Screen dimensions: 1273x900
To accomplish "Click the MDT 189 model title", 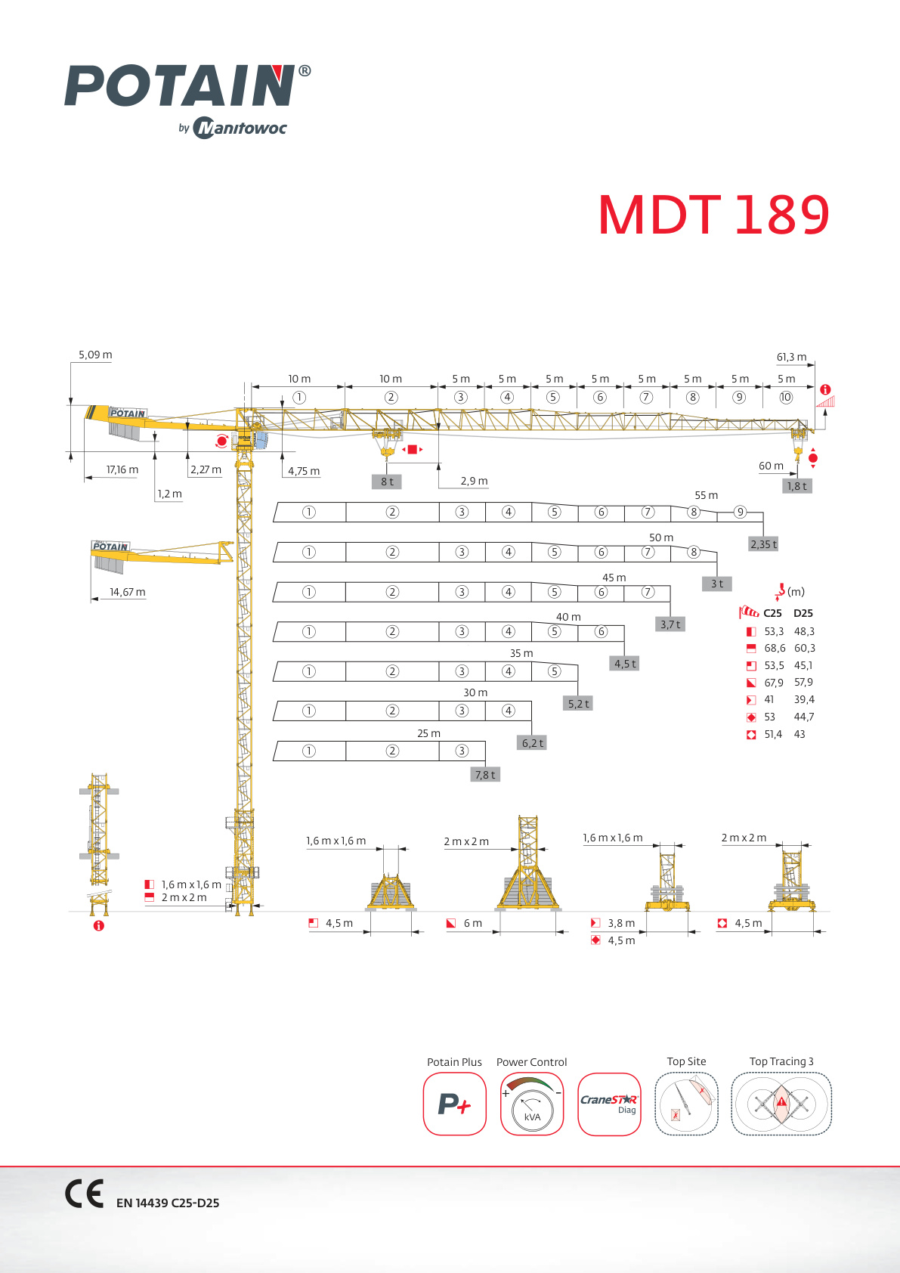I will click(713, 215).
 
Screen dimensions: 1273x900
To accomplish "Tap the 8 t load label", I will click(387, 482).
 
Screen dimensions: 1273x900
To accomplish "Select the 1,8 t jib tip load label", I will click(797, 486).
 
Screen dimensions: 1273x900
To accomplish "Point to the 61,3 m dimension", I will click(791, 357).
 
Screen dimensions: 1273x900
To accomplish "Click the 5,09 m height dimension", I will click(95, 355).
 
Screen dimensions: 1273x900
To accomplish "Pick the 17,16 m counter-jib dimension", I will click(122, 469).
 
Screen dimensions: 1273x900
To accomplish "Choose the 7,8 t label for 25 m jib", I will click(485, 774).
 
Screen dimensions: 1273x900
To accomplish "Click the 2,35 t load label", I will click(763, 544).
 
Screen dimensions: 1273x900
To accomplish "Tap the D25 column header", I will click(803, 613).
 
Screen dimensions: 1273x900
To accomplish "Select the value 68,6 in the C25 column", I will click(775, 648).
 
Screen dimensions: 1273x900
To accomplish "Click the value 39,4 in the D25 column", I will click(804, 699).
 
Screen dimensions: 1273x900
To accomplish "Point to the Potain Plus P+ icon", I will click(454, 1104).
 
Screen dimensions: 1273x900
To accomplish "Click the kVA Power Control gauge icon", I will click(532, 1104).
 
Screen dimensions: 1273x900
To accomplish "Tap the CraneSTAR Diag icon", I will click(609, 1104).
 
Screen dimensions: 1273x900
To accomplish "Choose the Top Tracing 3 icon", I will click(781, 1104).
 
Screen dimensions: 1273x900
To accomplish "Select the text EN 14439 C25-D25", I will click(168, 1203).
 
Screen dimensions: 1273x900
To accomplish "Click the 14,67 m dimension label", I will click(128, 592).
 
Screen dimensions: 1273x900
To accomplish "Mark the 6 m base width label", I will click(472, 923).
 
